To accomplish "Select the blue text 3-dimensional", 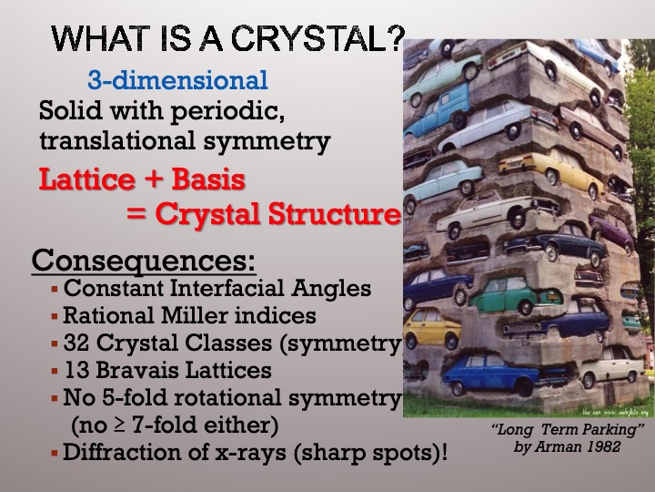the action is (177, 79).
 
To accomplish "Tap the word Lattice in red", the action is (87, 179).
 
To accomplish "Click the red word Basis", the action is (208, 179).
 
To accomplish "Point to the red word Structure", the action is (334, 213).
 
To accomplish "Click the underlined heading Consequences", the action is (144, 261).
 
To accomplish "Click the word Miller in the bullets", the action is (195, 315).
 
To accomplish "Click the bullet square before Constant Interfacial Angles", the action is (55, 289).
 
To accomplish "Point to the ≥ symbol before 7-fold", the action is (119, 425).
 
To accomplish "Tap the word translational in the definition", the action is (117, 140).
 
